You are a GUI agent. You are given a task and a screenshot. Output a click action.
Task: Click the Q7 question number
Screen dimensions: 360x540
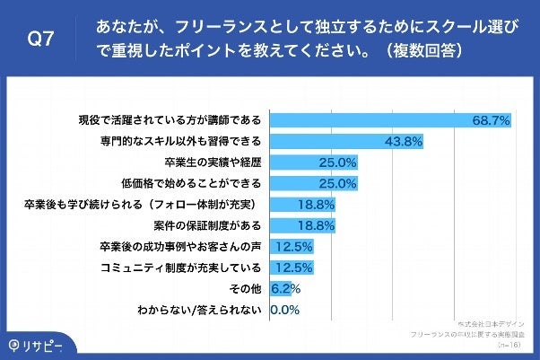coord(41,40)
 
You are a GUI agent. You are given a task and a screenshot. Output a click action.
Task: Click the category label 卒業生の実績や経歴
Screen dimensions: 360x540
coord(213,162)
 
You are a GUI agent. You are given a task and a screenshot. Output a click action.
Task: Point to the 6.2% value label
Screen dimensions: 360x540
coord(285,288)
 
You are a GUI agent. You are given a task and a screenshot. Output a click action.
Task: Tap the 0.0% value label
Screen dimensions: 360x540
coord(283,310)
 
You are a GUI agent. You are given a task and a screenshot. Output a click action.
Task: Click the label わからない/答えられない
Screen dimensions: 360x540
coord(199,310)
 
